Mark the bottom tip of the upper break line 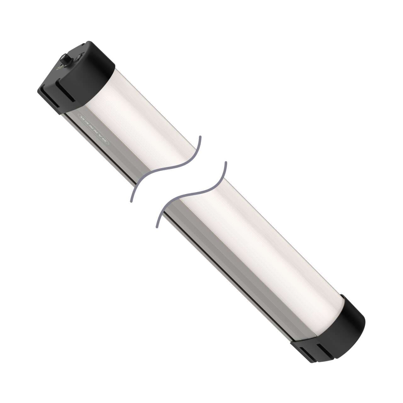(x=131, y=201)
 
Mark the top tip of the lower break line (x=225, y=163)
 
